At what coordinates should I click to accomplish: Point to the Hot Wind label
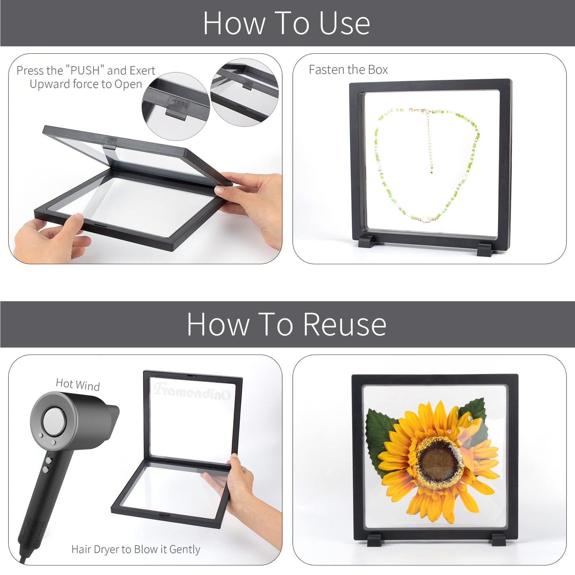click(x=78, y=385)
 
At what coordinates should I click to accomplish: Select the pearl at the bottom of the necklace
click(x=425, y=220)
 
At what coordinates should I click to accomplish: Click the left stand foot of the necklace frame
click(x=368, y=241)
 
